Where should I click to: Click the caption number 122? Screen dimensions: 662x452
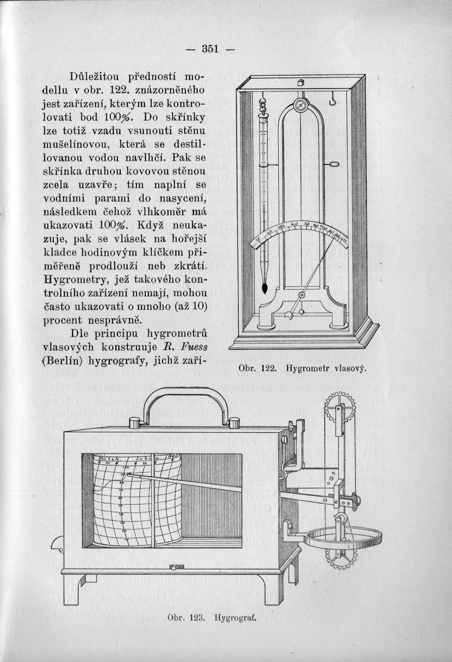coord(268,368)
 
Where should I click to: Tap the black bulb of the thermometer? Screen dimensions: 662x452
coord(264,287)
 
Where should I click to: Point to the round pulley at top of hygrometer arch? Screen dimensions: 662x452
coord(300,105)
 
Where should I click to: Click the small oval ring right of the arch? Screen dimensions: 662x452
coord(333,165)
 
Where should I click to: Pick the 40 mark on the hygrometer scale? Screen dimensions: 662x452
coord(295,225)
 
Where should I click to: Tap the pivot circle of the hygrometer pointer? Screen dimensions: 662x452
coord(300,295)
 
